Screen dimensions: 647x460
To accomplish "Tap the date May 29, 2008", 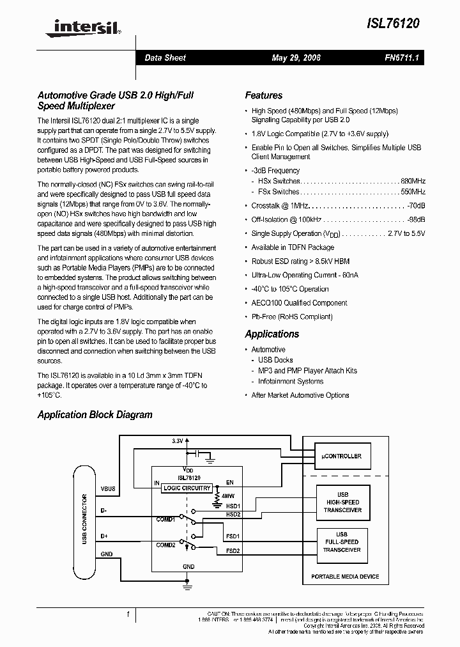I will tap(296, 58).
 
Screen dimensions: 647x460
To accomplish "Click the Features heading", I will tap(263, 95).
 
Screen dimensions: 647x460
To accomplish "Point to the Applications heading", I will tap(272, 334).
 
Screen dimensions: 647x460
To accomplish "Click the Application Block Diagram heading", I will tap(95, 414).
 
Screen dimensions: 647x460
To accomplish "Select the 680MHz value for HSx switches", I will tap(412, 181).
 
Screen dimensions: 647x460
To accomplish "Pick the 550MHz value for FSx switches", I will tap(412, 192).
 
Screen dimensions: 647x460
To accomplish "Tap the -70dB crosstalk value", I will tap(416, 206).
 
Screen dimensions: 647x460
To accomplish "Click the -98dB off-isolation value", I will tap(416, 220).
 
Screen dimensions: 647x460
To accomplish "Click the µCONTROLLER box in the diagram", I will tap(341, 456).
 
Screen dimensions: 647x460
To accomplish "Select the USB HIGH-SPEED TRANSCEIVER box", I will tap(342, 502).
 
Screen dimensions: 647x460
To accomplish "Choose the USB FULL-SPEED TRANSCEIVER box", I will tap(342, 542).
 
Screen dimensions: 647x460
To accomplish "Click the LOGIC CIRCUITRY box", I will tap(187, 488).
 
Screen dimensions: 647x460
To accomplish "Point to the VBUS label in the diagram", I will tap(108, 488).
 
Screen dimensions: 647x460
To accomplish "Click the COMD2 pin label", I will tap(165, 545).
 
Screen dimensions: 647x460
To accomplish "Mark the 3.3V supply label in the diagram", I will tap(177, 441).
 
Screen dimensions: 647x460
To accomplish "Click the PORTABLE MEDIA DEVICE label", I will tap(345, 576).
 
